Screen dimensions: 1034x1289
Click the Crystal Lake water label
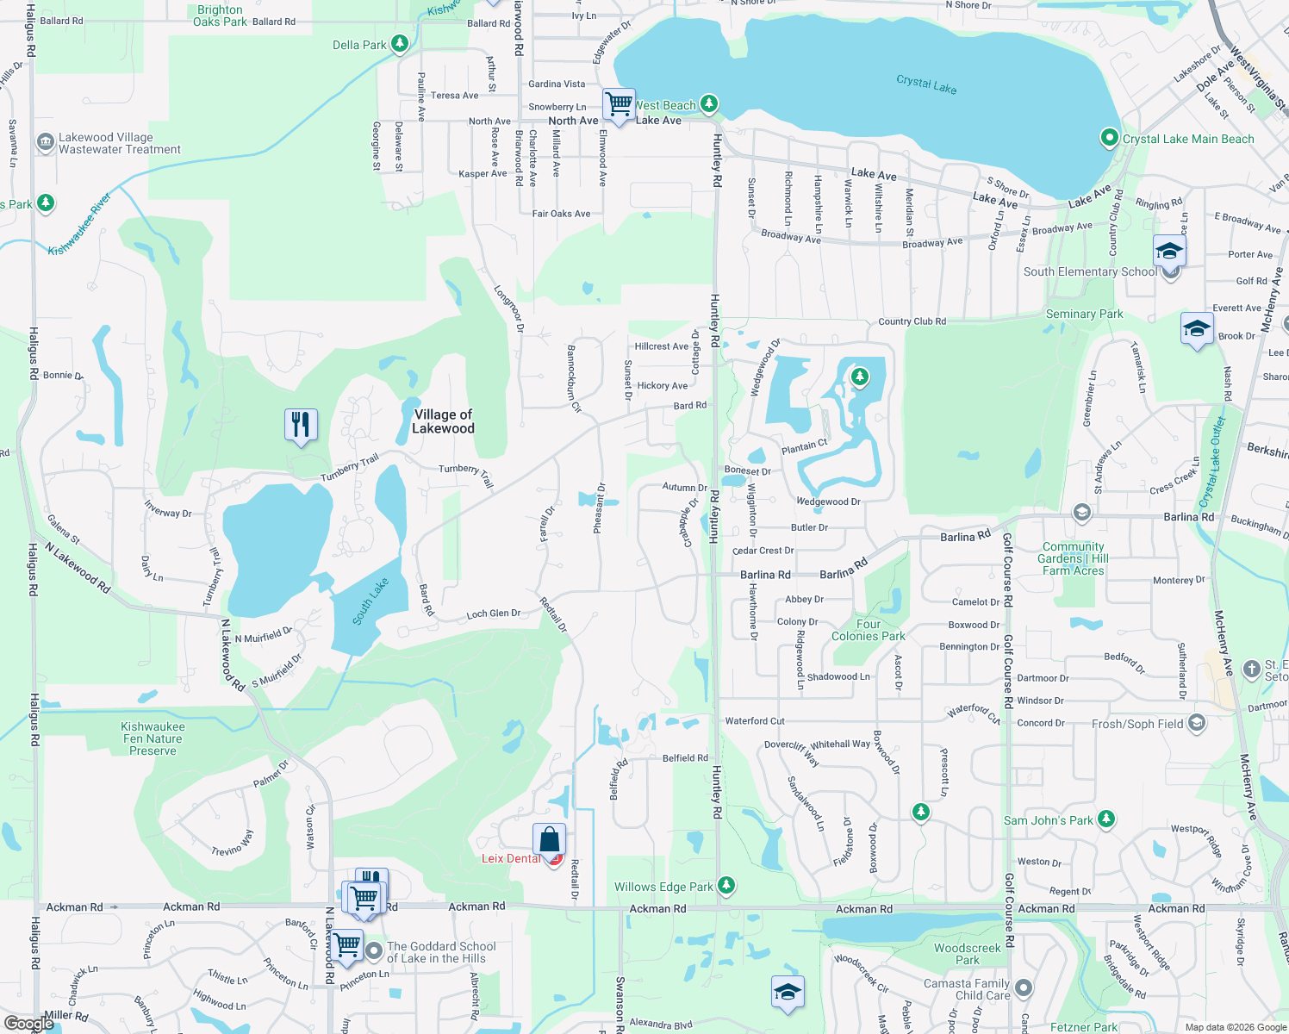926,84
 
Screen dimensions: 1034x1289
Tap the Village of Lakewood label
443,421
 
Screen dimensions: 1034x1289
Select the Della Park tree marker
399,43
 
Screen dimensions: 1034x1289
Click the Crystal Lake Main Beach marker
1109,138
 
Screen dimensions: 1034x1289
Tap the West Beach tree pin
708,104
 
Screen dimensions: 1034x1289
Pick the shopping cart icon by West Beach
619,105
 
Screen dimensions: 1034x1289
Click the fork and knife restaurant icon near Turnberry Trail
301,425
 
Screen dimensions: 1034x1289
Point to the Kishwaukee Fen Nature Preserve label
153,738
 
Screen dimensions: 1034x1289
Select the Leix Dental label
511,858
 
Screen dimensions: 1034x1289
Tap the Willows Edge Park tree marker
726,885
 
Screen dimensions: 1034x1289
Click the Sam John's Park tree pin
1106,819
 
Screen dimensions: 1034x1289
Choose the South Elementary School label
1090,271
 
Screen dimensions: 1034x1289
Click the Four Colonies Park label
869,630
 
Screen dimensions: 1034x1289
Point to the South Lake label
371,601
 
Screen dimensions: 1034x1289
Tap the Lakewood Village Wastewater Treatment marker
46,142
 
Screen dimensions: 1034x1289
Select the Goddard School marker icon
374,951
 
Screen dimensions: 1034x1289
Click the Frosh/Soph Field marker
1196,723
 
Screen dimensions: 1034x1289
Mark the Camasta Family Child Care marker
1023,987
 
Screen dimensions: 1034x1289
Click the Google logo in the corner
29,1024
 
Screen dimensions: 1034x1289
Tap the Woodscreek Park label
968,954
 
